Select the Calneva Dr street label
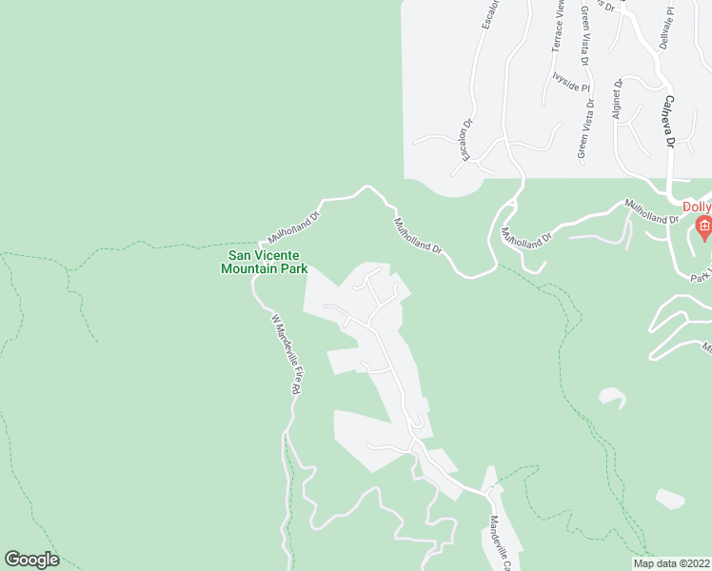(x=669, y=121)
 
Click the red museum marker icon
(x=703, y=226)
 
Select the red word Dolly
(x=697, y=207)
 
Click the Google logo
(x=31, y=560)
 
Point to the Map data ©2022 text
(x=672, y=562)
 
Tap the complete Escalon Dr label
(x=467, y=140)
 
